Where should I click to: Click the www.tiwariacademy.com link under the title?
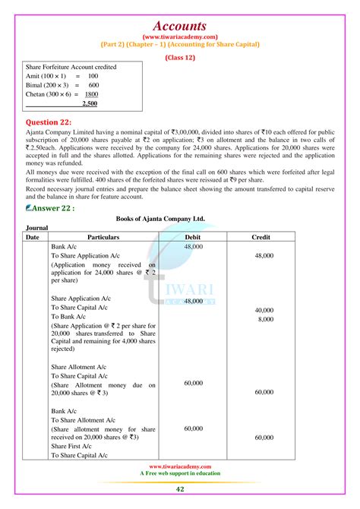[x=180, y=34]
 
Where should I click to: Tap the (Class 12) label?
[x=180, y=56]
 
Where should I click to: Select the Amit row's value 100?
[x=93, y=77]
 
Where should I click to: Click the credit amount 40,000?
[x=264, y=311]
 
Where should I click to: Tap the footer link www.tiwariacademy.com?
[x=180, y=466]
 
